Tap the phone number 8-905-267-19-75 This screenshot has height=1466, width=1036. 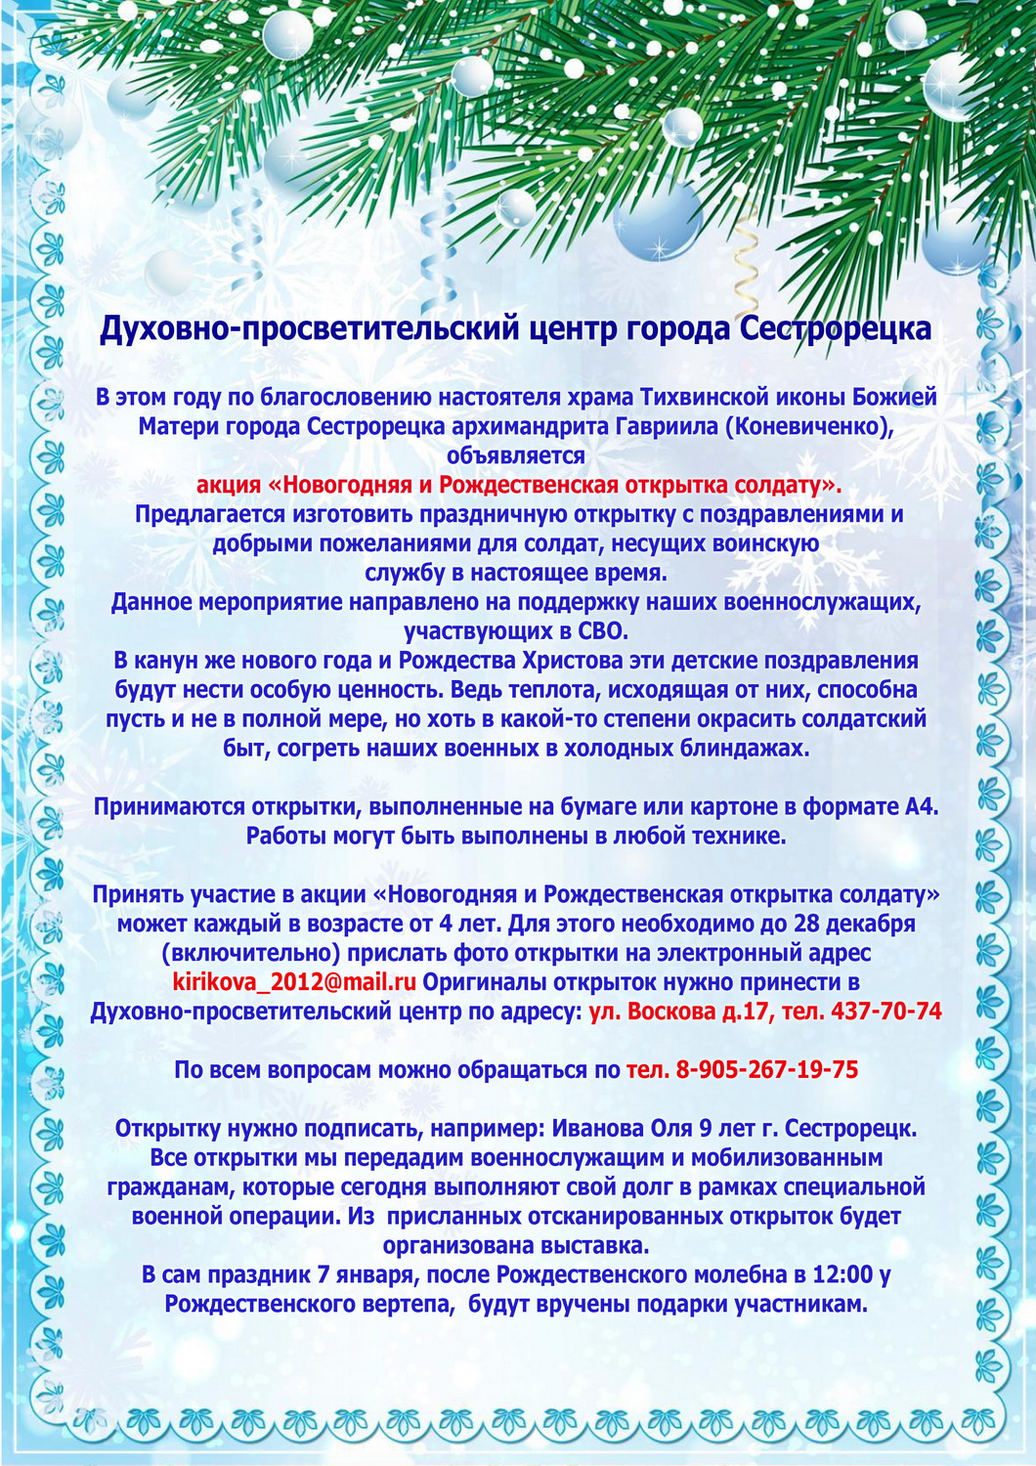[x=765, y=1070]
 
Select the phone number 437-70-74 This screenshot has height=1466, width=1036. [x=885, y=1012]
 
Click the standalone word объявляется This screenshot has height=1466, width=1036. [x=516, y=456]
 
